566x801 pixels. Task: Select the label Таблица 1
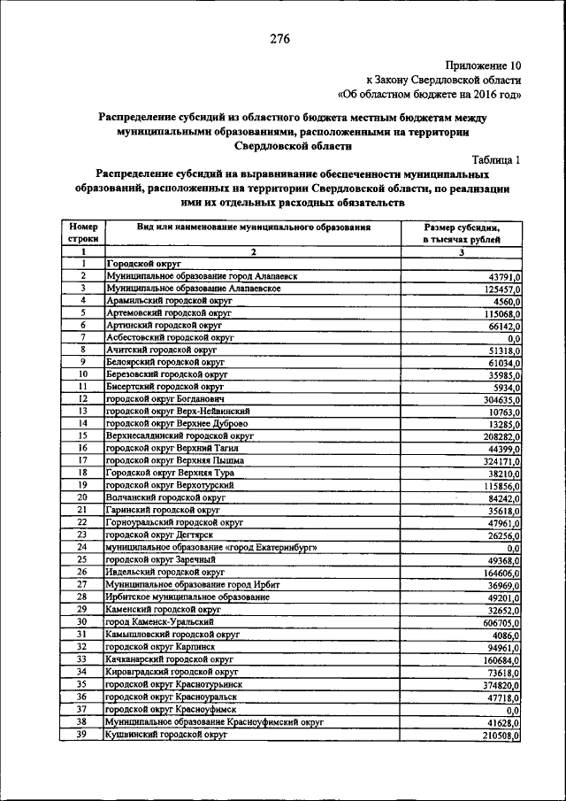(496, 159)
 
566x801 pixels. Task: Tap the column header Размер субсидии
(461, 227)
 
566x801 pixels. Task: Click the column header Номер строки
(81, 233)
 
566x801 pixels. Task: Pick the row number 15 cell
(81, 436)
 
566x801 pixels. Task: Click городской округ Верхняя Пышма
(165, 461)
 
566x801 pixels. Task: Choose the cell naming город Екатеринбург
(211, 548)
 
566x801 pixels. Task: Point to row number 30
(81, 622)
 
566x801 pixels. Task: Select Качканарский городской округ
(169, 659)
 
